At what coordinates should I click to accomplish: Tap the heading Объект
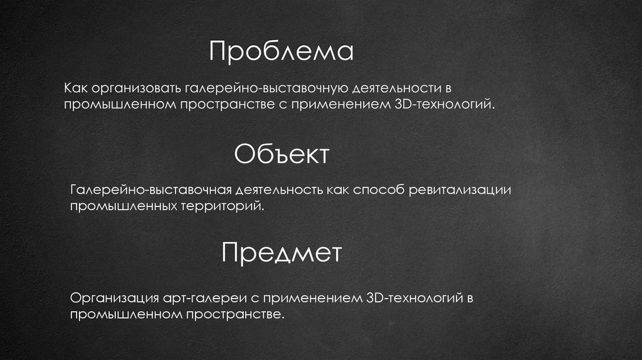coord(282,154)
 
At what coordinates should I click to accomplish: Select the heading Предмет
coord(282,254)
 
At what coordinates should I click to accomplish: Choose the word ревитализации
coord(461,189)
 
